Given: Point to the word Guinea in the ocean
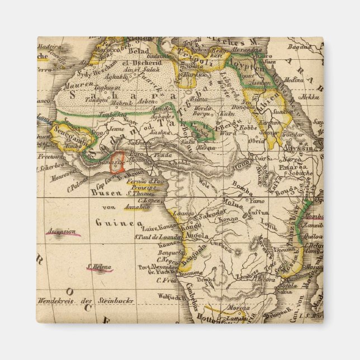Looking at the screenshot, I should (115, 223).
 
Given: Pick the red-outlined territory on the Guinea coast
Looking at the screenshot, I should (116, 163).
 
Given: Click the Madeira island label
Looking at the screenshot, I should (48, 46).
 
